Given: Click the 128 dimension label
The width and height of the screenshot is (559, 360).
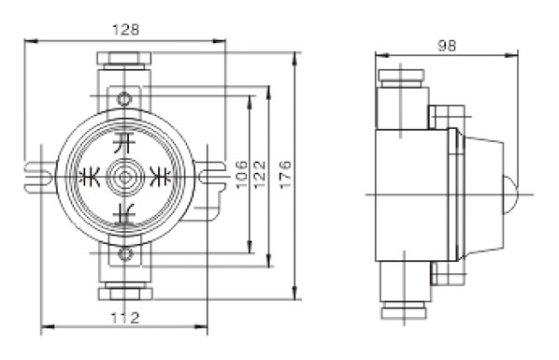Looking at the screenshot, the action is click(x=125, y=29).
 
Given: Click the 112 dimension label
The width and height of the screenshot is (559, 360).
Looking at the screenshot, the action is click(x=124, y=318).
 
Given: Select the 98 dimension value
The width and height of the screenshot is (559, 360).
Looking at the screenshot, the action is click(x=447, y=46).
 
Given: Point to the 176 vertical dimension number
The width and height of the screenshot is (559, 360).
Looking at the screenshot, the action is click(x=285, y=175).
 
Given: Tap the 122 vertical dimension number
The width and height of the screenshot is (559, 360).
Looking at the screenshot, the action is click(x=260, y=175).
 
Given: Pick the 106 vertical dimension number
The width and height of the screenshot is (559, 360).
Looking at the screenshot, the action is click(x=241, y=175).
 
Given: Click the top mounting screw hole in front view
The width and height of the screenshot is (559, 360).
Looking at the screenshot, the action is click(x=124, y=99).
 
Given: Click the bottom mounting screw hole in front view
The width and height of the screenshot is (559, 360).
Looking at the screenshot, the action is click(x=124, y=254).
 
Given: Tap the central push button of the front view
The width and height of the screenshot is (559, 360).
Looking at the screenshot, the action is click(x=124, y=177).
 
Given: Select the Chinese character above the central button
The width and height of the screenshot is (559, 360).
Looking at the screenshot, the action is click(x=124, y=143).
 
